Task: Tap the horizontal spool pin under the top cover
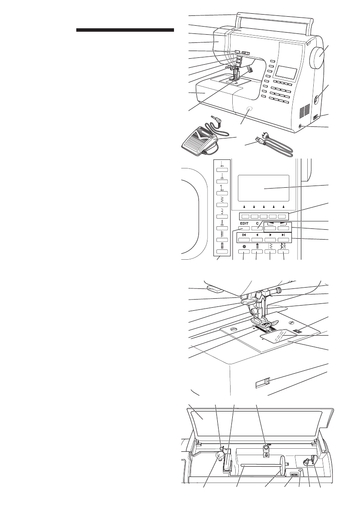261,465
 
